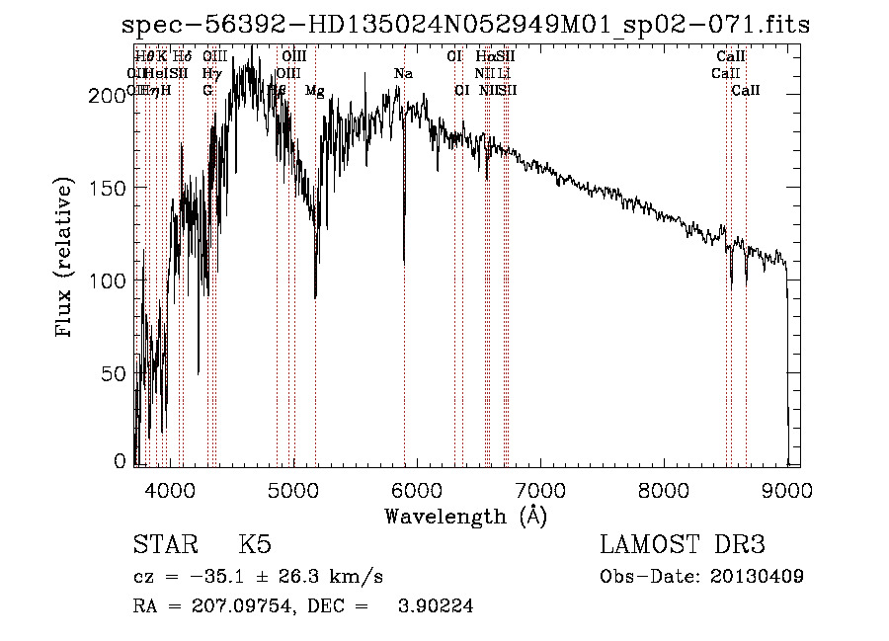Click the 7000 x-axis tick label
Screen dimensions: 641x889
[x=539, y=488]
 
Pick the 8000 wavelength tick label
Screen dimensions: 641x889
[x=663, y=488]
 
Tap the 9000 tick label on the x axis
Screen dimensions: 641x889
[x=786, y=488]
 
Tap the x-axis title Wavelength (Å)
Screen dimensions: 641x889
[x=465, y=516]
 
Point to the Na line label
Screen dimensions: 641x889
[x=403, y=74]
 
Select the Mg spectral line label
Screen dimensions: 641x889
[x=314, y=91]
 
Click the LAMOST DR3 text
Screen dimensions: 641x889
[x=683, y=545]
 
